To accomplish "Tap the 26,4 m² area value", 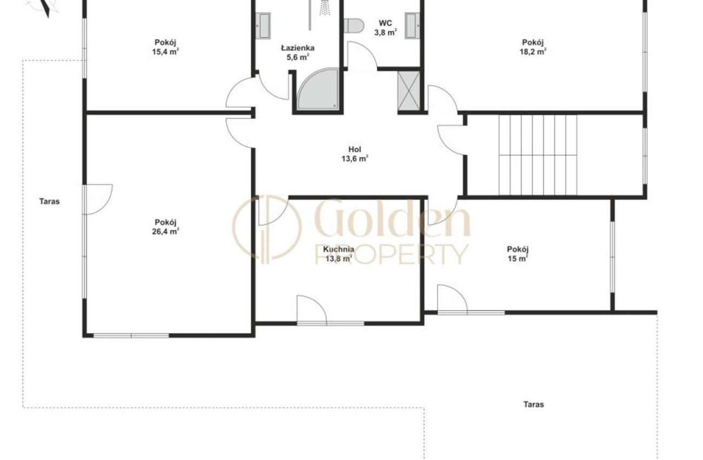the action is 165,232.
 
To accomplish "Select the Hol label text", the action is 355,149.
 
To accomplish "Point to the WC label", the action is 386,23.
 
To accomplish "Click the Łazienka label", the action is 297,48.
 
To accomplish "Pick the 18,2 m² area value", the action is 533,51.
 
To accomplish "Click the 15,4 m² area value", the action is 165,51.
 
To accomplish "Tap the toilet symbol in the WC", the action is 354,25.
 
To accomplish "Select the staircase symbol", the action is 538,155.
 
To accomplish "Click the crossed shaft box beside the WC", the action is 409,91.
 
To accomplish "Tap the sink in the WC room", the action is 412,26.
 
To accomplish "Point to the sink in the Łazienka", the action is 263,26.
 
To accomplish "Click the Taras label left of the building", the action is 50,201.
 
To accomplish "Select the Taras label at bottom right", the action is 534,404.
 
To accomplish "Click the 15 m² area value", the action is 518,259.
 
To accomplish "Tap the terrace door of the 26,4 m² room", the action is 97,199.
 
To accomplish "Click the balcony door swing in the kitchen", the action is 311,310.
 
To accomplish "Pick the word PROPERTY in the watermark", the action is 392,254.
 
